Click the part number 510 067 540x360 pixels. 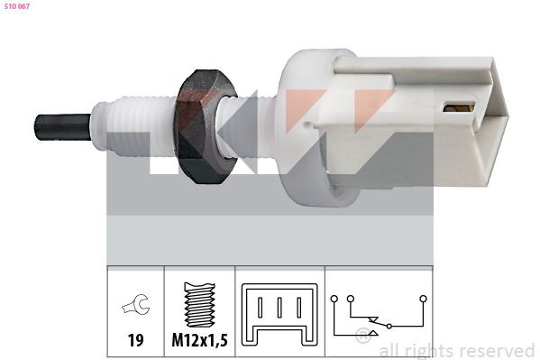tap(17, 6)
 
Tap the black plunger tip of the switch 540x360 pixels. tap(63, 127)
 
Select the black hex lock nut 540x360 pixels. tap(206, 126)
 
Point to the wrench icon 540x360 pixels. tap(136, 305)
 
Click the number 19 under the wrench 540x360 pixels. tap(136, 340)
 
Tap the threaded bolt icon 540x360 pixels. tap(199, 304)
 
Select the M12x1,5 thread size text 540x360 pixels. tap(200, 340)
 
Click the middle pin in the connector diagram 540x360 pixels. tap(279, 308)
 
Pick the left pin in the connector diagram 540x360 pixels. tap(260, 308)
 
